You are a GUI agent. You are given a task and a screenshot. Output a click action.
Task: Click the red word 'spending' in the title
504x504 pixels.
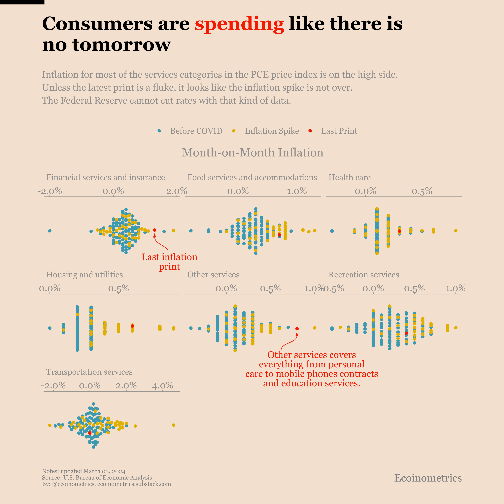pos(239,24)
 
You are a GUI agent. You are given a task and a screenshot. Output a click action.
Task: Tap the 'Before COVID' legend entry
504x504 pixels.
pos(196,131)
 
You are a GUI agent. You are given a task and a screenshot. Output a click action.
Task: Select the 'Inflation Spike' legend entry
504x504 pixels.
pos(272,131)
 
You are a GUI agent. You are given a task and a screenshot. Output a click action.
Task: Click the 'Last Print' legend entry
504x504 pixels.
pos(339,131)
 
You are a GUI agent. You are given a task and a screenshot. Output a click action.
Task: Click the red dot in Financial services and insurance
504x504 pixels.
pos(154,230)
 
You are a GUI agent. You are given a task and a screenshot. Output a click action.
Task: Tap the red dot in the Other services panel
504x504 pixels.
pos(297,329)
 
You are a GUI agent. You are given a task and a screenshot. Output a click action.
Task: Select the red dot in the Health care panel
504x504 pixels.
pos(399,231)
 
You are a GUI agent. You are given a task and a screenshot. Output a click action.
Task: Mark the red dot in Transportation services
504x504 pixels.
pos(90,433)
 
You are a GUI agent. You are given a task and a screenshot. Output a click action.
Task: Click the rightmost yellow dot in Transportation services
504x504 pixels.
pos(174,425)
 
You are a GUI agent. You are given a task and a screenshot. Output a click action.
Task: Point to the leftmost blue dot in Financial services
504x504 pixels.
pos(50,231)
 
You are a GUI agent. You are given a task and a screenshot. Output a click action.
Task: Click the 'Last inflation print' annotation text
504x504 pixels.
pos(169,262)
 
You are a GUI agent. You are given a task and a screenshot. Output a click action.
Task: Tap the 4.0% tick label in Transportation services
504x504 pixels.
pos(162,386)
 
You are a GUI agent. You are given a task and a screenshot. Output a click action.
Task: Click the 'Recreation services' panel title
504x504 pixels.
pos(363,275)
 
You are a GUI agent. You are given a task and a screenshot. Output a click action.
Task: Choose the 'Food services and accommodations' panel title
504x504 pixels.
pos(252,177)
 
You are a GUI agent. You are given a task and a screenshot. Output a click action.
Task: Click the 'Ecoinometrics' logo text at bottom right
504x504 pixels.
pos(428,478)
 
